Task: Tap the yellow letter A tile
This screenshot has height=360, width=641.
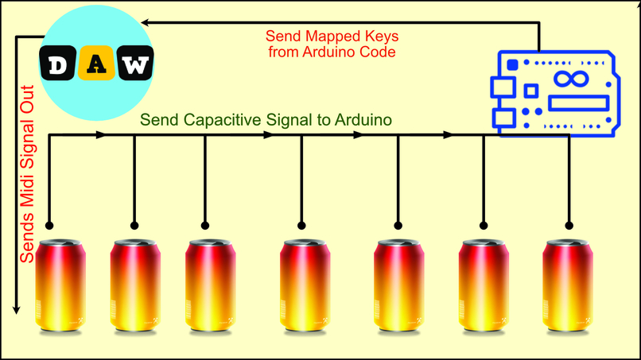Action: click(x=96, y=65)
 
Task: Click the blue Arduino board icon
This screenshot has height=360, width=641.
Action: click(x=554, y=93)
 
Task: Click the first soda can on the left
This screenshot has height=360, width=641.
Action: click(x=59, y=285)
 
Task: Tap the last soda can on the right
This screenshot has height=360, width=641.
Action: click(x=569, y=285)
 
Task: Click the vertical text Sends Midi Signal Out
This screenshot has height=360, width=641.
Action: click(x=26, y=173)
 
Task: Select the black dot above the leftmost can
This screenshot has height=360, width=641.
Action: click(x=49, y=225)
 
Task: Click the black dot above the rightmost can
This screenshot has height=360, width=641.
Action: click(x=569, y=225)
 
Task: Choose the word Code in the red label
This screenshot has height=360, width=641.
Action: click(x=377, y=52)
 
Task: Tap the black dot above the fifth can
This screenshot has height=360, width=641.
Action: click(x=398, y=225)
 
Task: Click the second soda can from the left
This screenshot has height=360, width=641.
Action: click(x=135, y=285)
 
